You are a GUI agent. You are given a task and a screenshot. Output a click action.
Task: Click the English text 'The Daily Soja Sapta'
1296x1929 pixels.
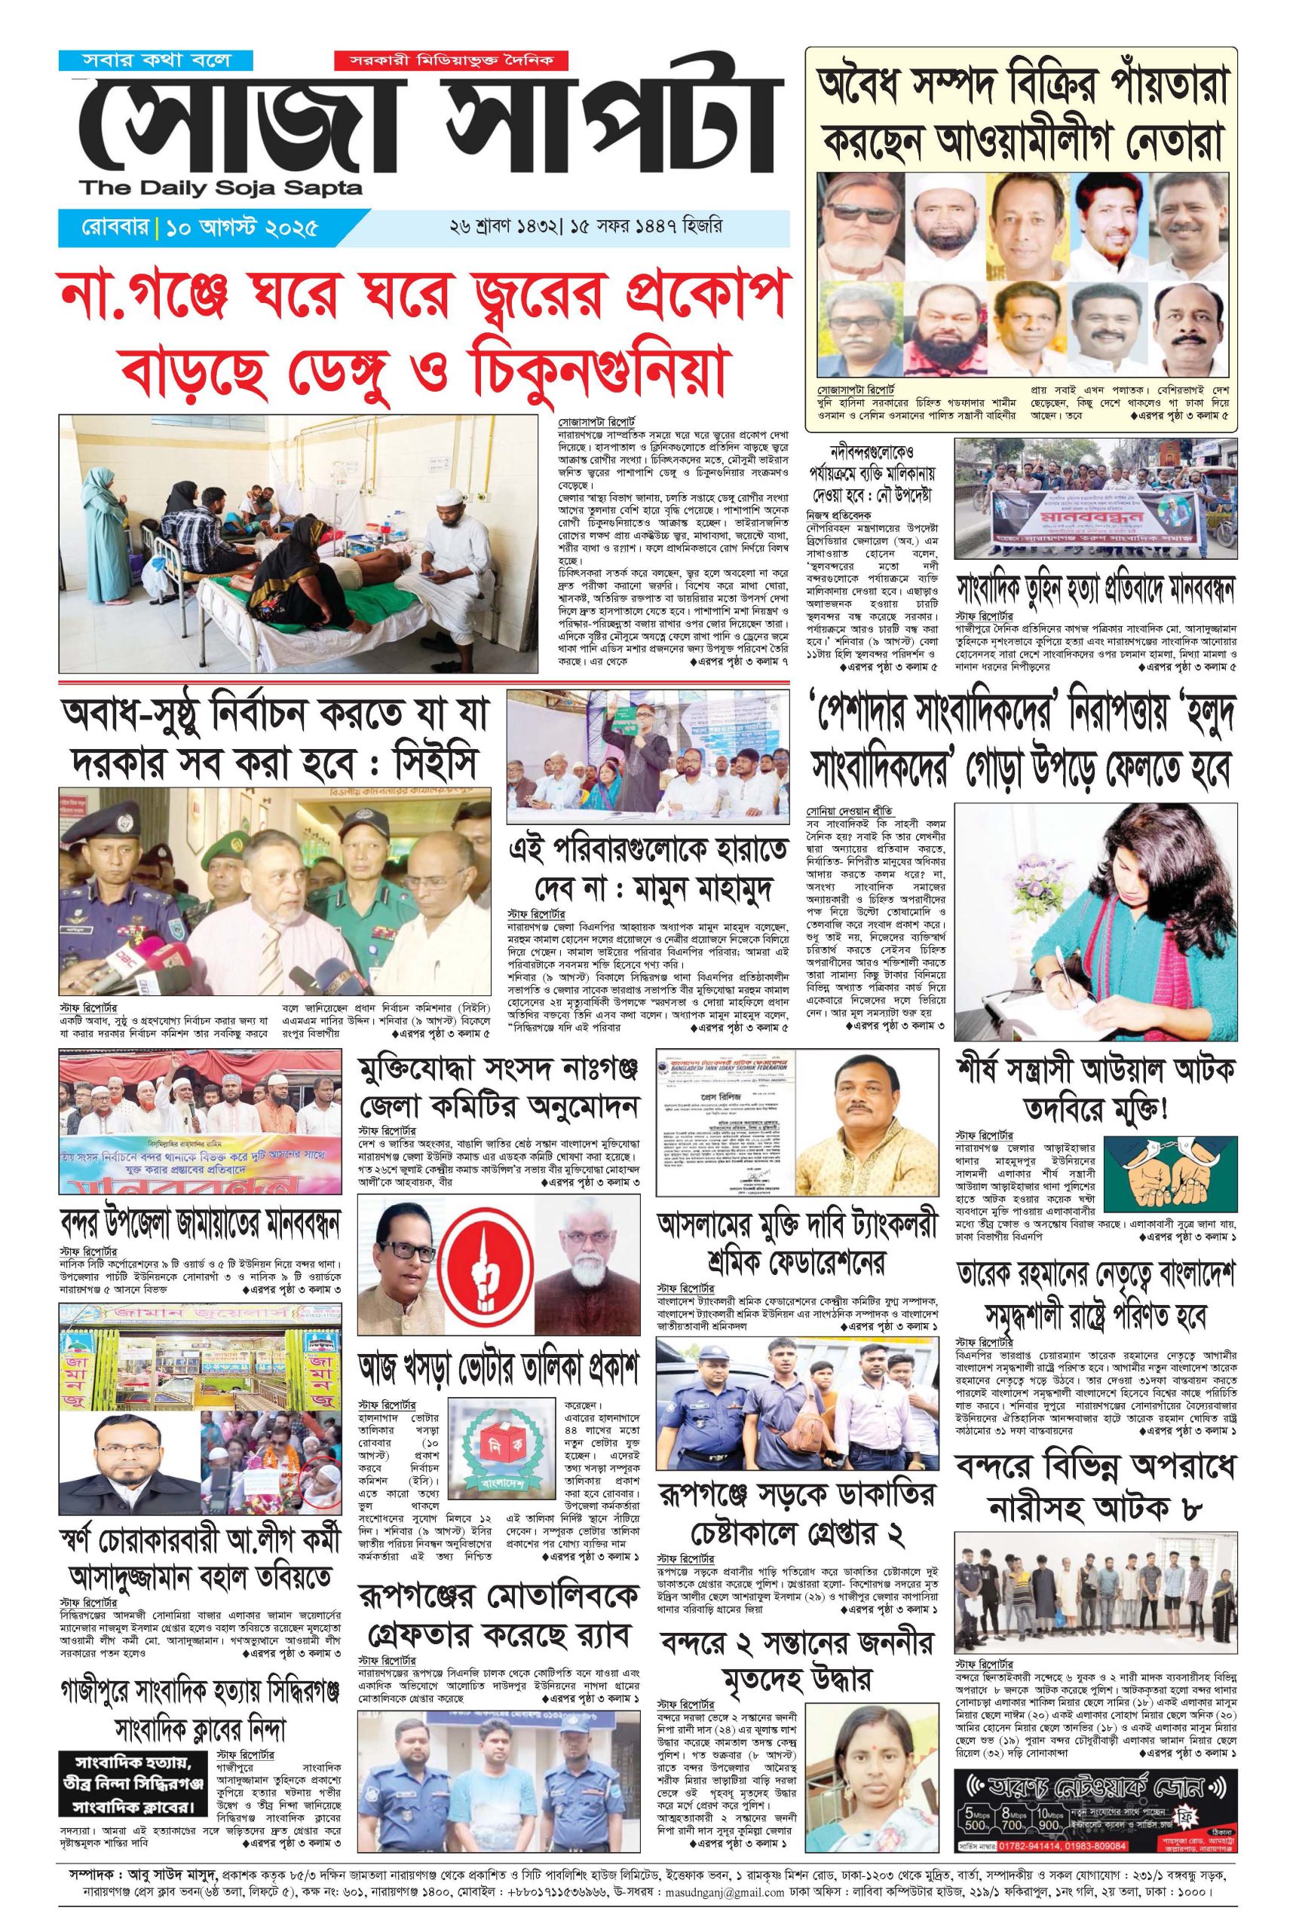(x=222, y=188)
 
